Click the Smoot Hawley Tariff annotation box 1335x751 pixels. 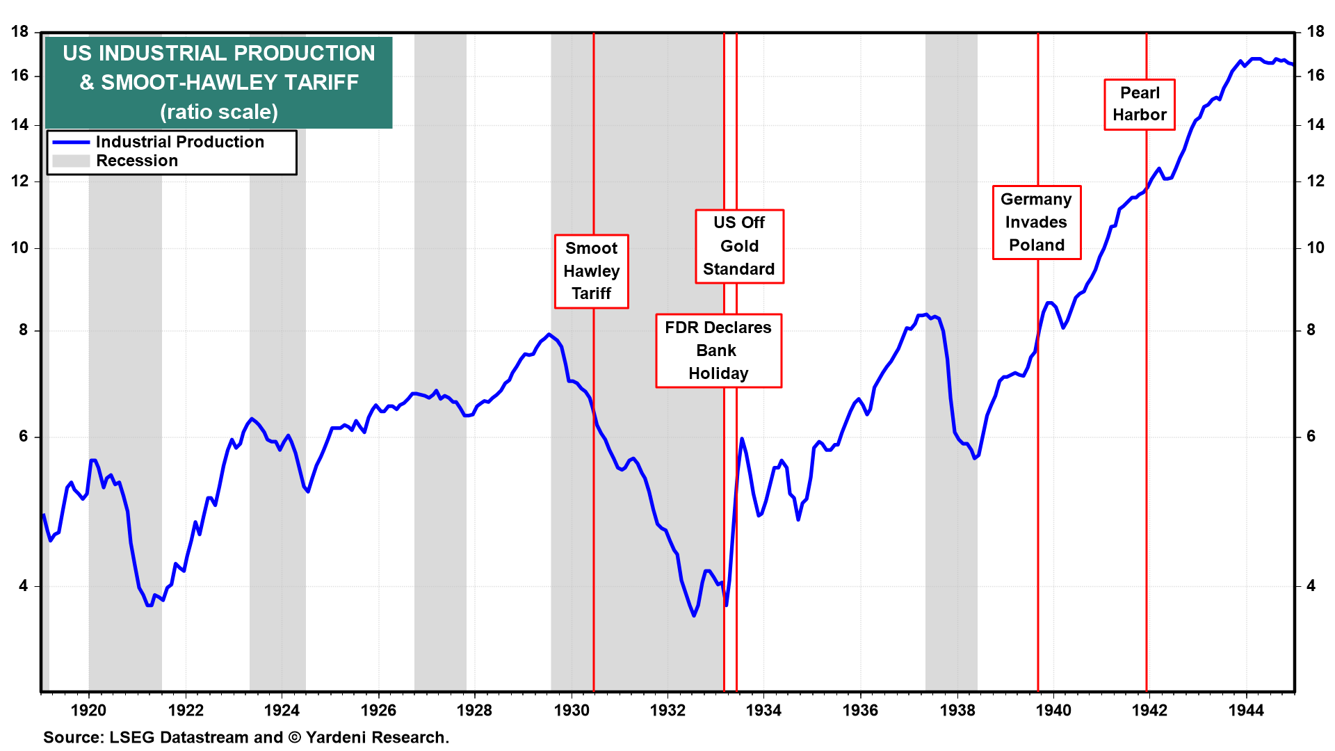591,271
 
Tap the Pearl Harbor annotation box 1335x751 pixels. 1139,104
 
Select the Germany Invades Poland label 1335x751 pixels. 1036,223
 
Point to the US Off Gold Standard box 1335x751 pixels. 739,246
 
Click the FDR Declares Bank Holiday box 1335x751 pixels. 718,350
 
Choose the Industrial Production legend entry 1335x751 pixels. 179,142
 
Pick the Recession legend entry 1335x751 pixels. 137,161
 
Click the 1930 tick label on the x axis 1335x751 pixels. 572,710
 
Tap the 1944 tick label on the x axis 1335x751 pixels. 1246,710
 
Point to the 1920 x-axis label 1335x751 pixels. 89,710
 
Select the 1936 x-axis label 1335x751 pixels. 860,710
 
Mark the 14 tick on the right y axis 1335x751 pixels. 1316,125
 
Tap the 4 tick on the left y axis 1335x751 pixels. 24,586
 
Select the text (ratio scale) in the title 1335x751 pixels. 219,112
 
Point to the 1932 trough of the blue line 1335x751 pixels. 693,615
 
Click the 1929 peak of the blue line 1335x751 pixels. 549,334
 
